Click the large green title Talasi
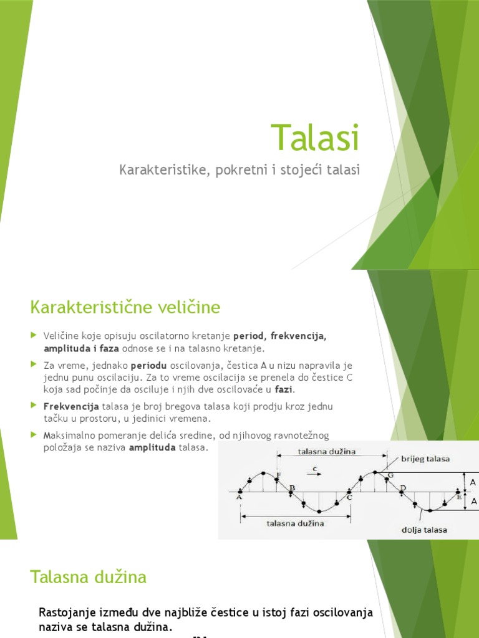point(316,138)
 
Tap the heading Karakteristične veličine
point(125,307)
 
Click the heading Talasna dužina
point(88,577)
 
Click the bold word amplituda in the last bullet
point(153,448)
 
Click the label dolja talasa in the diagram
point(424,530)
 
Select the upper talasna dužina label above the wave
point(327,452)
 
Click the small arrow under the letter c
point(315,474)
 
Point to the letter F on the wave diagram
point(278,475)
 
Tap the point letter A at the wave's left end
point(239,497)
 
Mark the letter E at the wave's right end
point(459,497)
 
